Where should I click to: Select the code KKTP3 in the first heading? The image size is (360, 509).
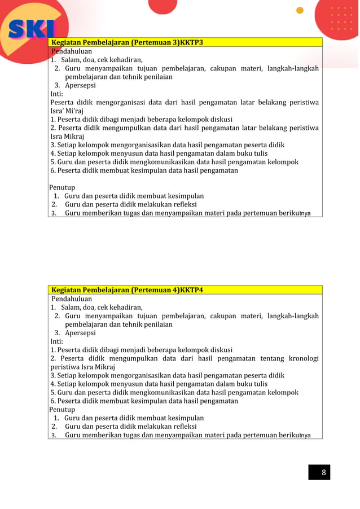click(191, 42)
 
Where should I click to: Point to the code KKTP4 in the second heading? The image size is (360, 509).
click(191, 290)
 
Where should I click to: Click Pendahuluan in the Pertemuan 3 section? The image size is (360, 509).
click(71, 51)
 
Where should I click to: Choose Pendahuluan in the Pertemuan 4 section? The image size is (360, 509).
click(72, 299)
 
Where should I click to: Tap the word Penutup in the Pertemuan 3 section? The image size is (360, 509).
click(62, 187)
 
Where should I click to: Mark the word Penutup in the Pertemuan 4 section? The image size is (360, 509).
click(62, 410)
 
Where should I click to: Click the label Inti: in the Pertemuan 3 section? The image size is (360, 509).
click(57, 94)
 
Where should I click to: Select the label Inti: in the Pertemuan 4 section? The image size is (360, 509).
click(57, 341)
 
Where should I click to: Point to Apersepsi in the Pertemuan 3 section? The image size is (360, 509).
click(80, 85)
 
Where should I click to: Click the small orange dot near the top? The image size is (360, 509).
click(300, 10)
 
